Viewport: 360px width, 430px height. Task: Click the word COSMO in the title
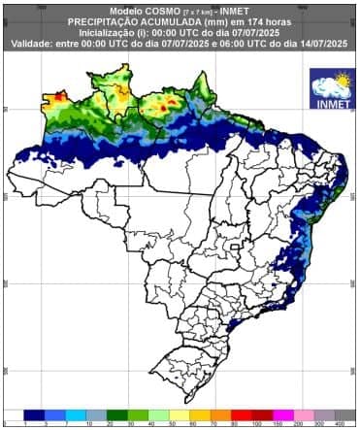coord(141,10)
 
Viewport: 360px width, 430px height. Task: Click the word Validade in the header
coord(32,43)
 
